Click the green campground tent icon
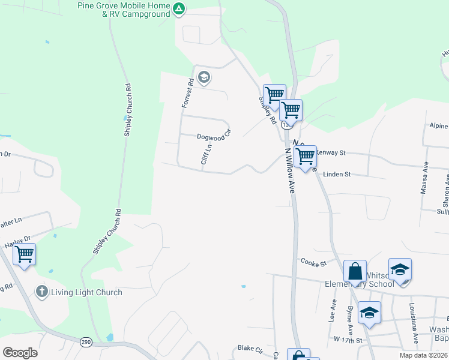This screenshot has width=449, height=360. point(179,9)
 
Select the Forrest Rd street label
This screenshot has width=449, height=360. point(187,93)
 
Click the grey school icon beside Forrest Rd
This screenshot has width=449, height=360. point(204,76)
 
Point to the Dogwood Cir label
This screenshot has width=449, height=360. point(214,135)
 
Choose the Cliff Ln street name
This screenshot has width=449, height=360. point(206,154)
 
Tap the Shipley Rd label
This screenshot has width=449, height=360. point(268,111)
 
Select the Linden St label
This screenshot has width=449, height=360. point(336,174)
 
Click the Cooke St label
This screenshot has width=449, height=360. point(313,263)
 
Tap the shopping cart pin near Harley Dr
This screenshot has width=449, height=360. point(25,254)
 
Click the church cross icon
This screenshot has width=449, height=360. point(41,292)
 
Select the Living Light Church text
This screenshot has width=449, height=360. point(86,293)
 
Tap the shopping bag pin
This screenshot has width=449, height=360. point(355,271)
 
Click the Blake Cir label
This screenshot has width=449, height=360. point(250,348)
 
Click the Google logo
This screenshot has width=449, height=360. point(20,352)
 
